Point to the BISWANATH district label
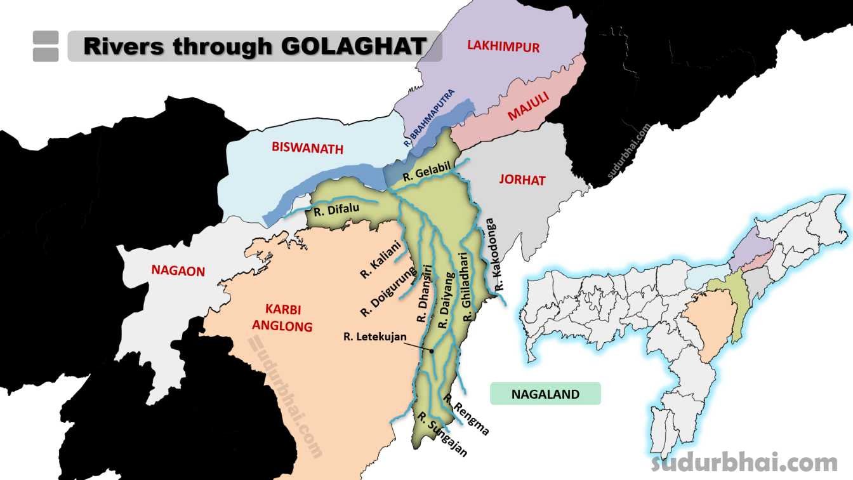pyautogui.click(x=307, y=149)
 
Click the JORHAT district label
pyautogui.click(x=522, y=180)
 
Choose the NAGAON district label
pyautogui.click(x=178, y=271)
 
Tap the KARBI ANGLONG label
pyautogui.click(x=282, y=318)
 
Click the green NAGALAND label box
pyautogui.click(x=545, y=394)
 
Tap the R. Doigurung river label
pyautogui.click(x=388, y=291)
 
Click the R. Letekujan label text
pyautogui.click(x=374, y=337)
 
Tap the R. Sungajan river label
pyautogui.click(x=442, y=434)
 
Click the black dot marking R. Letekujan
pyautogui.click(x=431, y=350)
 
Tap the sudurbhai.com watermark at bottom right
pyautogui.click(x=744, y=462)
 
